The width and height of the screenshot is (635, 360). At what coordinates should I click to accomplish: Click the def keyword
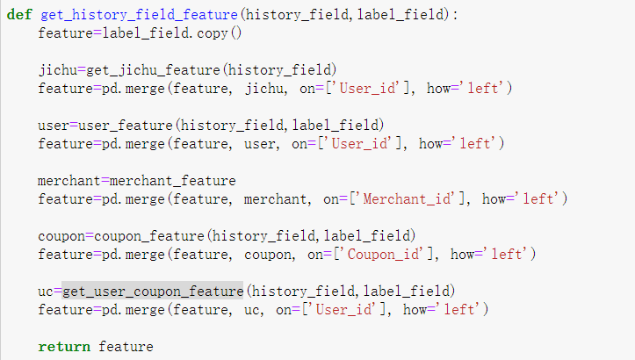pyautogui.click(x=19, y=15)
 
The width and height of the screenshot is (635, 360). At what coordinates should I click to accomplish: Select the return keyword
pyautogui.click(x=64, y=346)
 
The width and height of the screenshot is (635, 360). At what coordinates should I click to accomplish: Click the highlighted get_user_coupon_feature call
pyautogui.click(x=152, y=290)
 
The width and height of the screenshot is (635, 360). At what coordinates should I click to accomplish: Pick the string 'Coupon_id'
pyautogui.click(x=387, y=254)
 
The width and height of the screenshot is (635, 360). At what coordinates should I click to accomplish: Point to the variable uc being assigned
pyautogui.click(x=46, y=290)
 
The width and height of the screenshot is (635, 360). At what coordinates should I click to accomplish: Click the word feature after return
pyautogui.click(x=126, y=346)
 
